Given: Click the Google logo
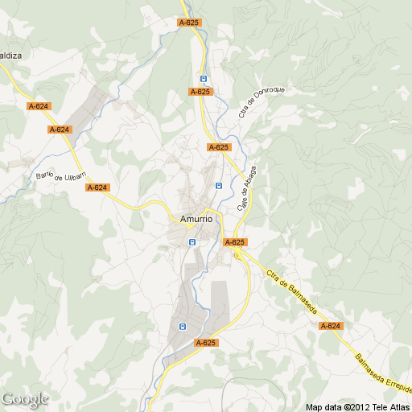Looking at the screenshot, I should click(25, 398).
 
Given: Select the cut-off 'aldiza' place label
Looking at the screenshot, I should click(10, 56).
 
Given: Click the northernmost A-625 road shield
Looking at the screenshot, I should click(188, 23).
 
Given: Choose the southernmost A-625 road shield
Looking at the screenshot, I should click(206, 343).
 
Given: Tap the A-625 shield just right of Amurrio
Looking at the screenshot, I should click(235, 242).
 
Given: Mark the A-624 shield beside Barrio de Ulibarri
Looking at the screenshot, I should click(97, 187).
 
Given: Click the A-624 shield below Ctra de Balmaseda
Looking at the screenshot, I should click(330, 326).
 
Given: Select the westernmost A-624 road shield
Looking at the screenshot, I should click(38, 106).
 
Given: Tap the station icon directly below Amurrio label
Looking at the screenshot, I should click(192, 241).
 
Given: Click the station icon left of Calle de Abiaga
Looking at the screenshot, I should click(218, 186).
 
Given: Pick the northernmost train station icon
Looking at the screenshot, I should click(204, 79).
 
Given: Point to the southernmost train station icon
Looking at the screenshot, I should click(182, 327).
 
